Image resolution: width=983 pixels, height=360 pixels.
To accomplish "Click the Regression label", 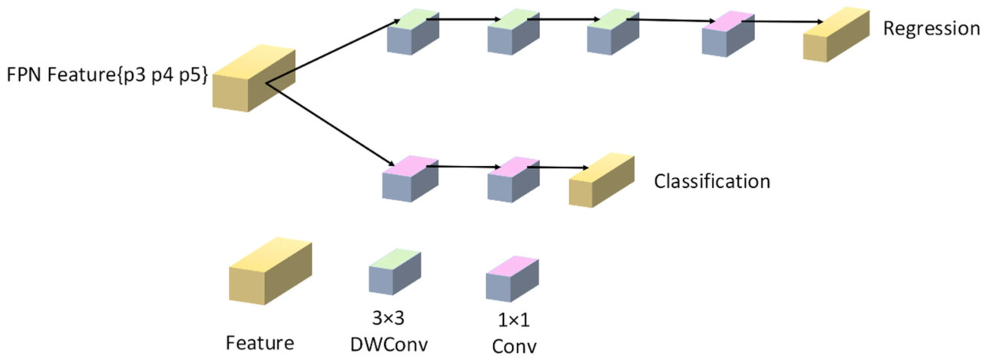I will pos(931,29).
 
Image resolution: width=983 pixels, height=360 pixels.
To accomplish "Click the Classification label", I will pos(711,182).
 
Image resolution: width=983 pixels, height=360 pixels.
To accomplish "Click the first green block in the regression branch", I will pos(413,34).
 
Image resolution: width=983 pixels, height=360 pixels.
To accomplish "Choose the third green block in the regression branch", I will pos(613,34).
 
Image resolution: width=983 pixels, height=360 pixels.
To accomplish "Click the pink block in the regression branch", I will pos(728,34).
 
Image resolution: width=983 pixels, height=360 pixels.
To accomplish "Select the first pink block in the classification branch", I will pos(409,180).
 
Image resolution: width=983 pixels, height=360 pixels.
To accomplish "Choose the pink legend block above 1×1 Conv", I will pos(511,277).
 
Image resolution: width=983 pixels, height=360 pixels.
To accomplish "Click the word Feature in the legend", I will pos(260,343).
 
